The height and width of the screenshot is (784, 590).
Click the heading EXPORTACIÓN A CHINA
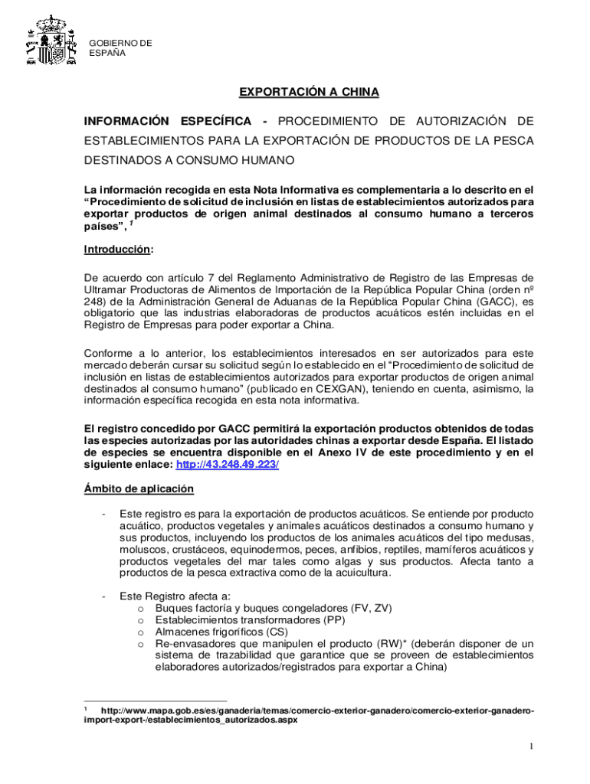309,93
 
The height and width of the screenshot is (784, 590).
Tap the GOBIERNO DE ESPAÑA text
121,48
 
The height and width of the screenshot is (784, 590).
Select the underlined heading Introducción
118,250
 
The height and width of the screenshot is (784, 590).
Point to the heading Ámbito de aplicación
138,488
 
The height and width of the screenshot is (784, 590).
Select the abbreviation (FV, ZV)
370,608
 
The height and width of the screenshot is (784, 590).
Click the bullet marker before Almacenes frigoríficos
141,633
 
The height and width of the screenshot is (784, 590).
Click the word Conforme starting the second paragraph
108,353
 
